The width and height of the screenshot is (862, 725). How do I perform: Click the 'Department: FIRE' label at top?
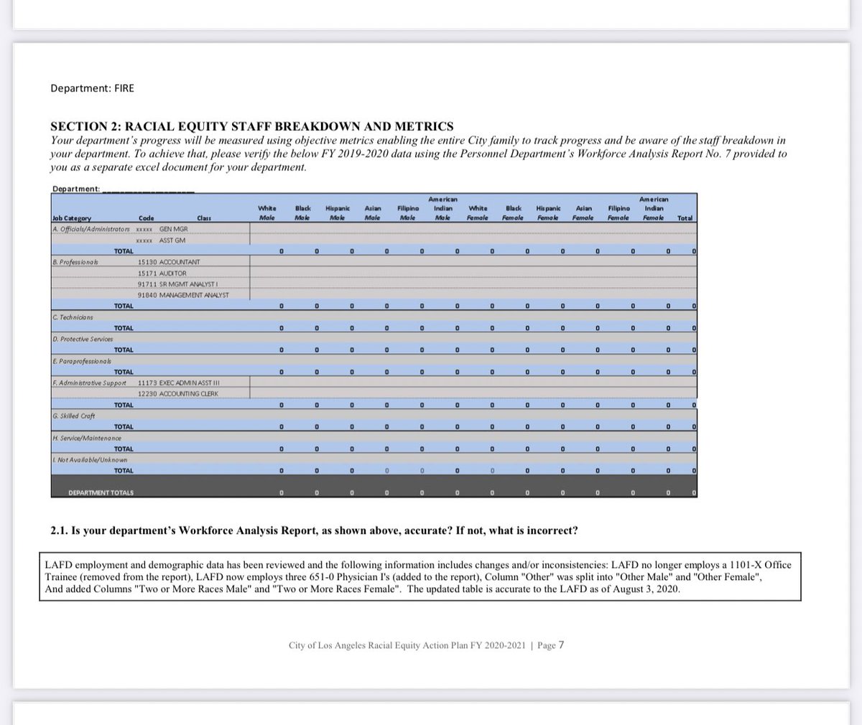pyautogui.click(x=92, y=88)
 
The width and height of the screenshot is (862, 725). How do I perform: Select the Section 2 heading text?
pyautogui.click(x=251, y=126)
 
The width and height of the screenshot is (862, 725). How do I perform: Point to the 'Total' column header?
pyautogui.click(x=685, y=217)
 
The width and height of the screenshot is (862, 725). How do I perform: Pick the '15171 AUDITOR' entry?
pyautogui.click(x=162, y=273)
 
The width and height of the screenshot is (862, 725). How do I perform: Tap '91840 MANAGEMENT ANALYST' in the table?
pyautogui.click(x=182, y=295)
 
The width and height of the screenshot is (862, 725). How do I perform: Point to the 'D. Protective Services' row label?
pyautogui.click(x=83, y=339)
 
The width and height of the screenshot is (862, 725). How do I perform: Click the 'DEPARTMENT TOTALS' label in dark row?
pyautogui.click(x=101, y=492)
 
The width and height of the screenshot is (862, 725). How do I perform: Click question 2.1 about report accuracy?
pyautogui.click(x=313, y=530)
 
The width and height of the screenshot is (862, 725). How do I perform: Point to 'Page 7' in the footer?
pyautogui.click(x=550, y=645)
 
